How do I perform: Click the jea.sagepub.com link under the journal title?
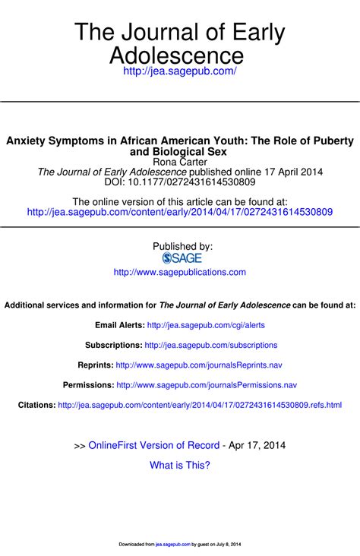point(180,71)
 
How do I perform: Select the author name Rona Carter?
point(180,161)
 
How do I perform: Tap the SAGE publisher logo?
point(180,258)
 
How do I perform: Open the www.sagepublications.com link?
point(180,272)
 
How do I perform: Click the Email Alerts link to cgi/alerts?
point(205,325)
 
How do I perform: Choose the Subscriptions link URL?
point(210,345)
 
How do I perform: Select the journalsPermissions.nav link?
point(207,385)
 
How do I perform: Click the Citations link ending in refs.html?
point(200,405)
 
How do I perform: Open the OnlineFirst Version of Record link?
point(153,445)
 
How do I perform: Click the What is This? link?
point(180,465)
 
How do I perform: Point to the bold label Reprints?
point(95,365)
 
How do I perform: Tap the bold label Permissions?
point(88,385)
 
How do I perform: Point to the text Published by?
point(182,246)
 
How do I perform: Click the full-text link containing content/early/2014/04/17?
point(180,212)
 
